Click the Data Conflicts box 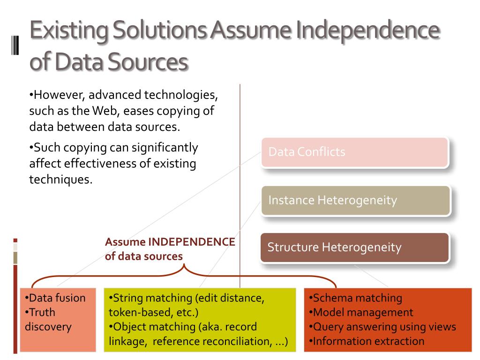[355, 152]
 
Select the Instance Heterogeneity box [356, 201]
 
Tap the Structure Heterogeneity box [355, 247]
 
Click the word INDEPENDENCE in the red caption [192, 242]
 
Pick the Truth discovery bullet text [47, 319]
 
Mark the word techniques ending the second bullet [60, 180]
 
